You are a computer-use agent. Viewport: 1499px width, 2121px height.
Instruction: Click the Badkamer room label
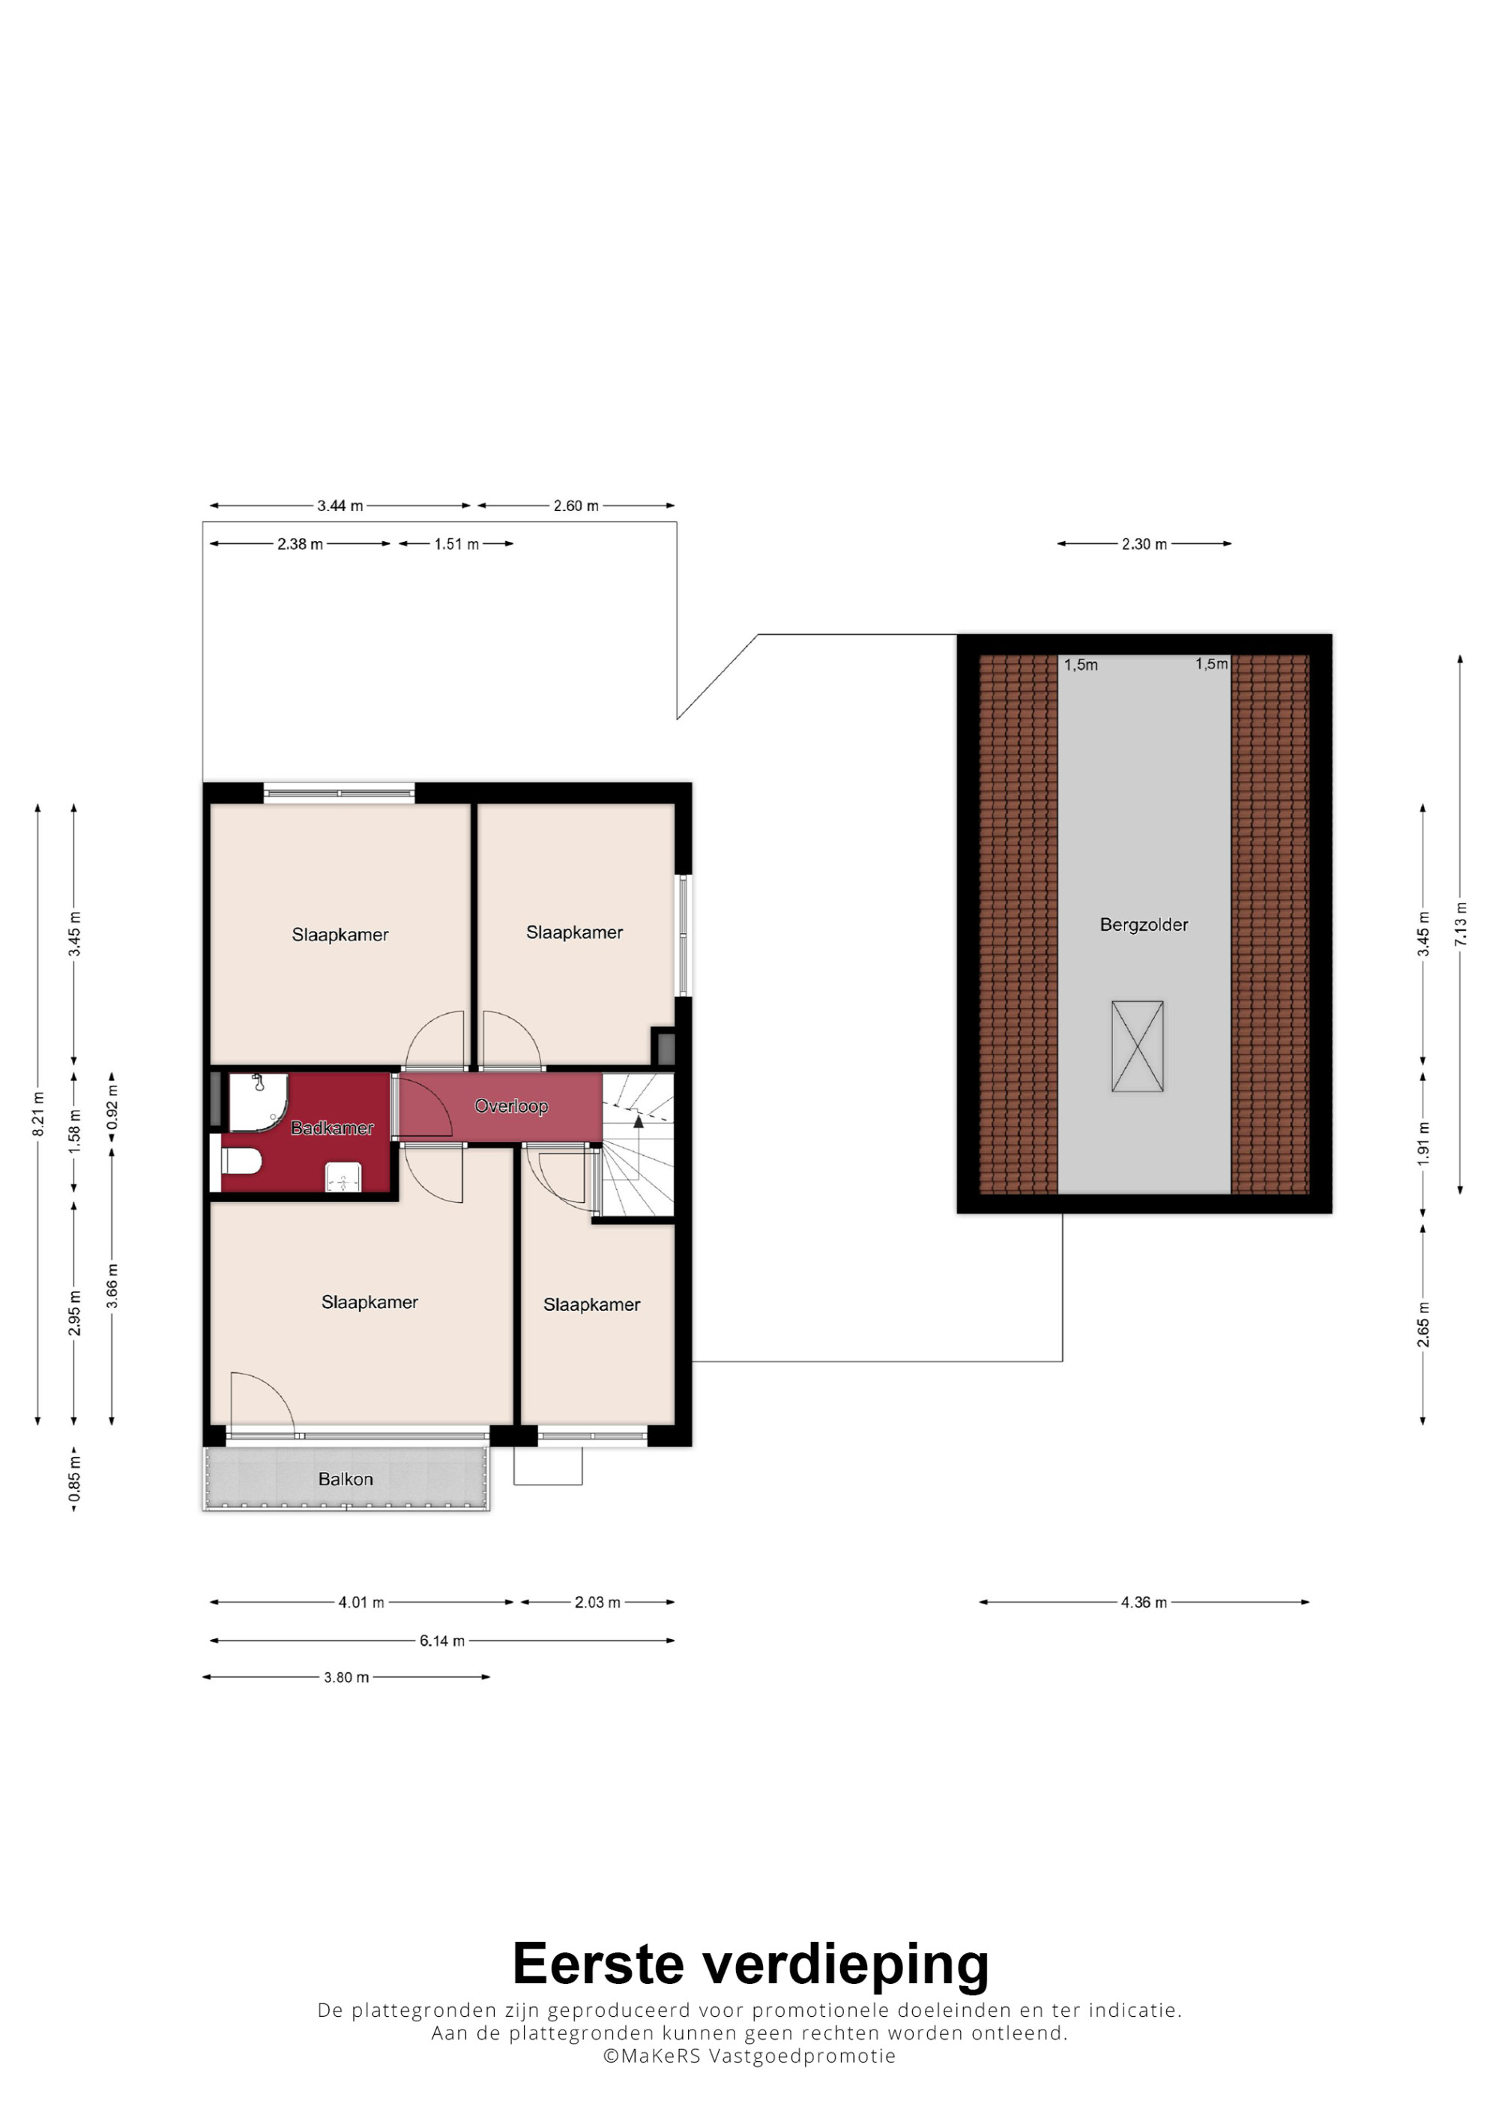point(331,1128)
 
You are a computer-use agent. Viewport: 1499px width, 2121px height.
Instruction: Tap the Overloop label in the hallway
point(510,1105)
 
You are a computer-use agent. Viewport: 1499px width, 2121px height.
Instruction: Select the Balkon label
point(346,1479)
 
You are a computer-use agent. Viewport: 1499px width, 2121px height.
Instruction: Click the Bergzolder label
point(1144,925)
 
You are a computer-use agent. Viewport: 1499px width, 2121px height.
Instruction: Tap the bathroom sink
point(343,1179)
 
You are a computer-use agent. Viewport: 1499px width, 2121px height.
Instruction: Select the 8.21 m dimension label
point(38,1114)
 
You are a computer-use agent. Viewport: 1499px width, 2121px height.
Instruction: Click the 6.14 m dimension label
point(442,1641)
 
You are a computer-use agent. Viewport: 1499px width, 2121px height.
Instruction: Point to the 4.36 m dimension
point(1144,1602)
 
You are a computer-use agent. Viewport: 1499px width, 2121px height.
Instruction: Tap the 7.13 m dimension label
point(1460,924)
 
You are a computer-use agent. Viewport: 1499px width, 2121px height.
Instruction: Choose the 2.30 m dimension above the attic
point(1144,544)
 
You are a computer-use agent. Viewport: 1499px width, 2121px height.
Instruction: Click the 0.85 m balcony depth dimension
point(75,1479)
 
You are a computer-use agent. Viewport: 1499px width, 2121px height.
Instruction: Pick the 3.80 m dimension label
point(346,1677)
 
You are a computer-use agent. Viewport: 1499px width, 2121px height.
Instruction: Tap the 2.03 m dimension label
point(597,1602)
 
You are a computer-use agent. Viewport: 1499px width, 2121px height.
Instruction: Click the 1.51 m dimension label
point(457,544)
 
